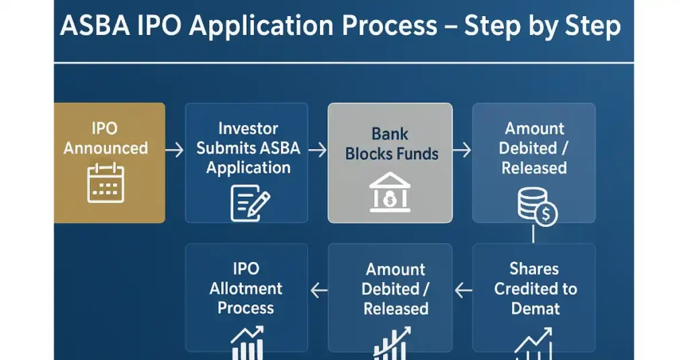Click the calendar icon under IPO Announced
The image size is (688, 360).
pos(106,183)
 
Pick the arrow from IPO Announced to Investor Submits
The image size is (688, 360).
pos(174,149)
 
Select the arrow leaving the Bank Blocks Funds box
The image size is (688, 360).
pos(462,149)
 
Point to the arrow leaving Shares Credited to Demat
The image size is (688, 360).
pos(463,290)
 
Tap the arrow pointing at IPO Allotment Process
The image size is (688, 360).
pos(318,290)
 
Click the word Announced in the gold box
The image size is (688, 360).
pos(105,148)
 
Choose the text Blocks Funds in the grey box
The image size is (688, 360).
pos(391,154)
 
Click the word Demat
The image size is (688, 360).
pos(535,309)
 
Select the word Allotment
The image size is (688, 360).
pos(246,289)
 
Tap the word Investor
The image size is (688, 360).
pos(248,128)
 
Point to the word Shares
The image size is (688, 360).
pos(534,269)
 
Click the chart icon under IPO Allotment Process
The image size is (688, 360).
pos(246,343)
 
